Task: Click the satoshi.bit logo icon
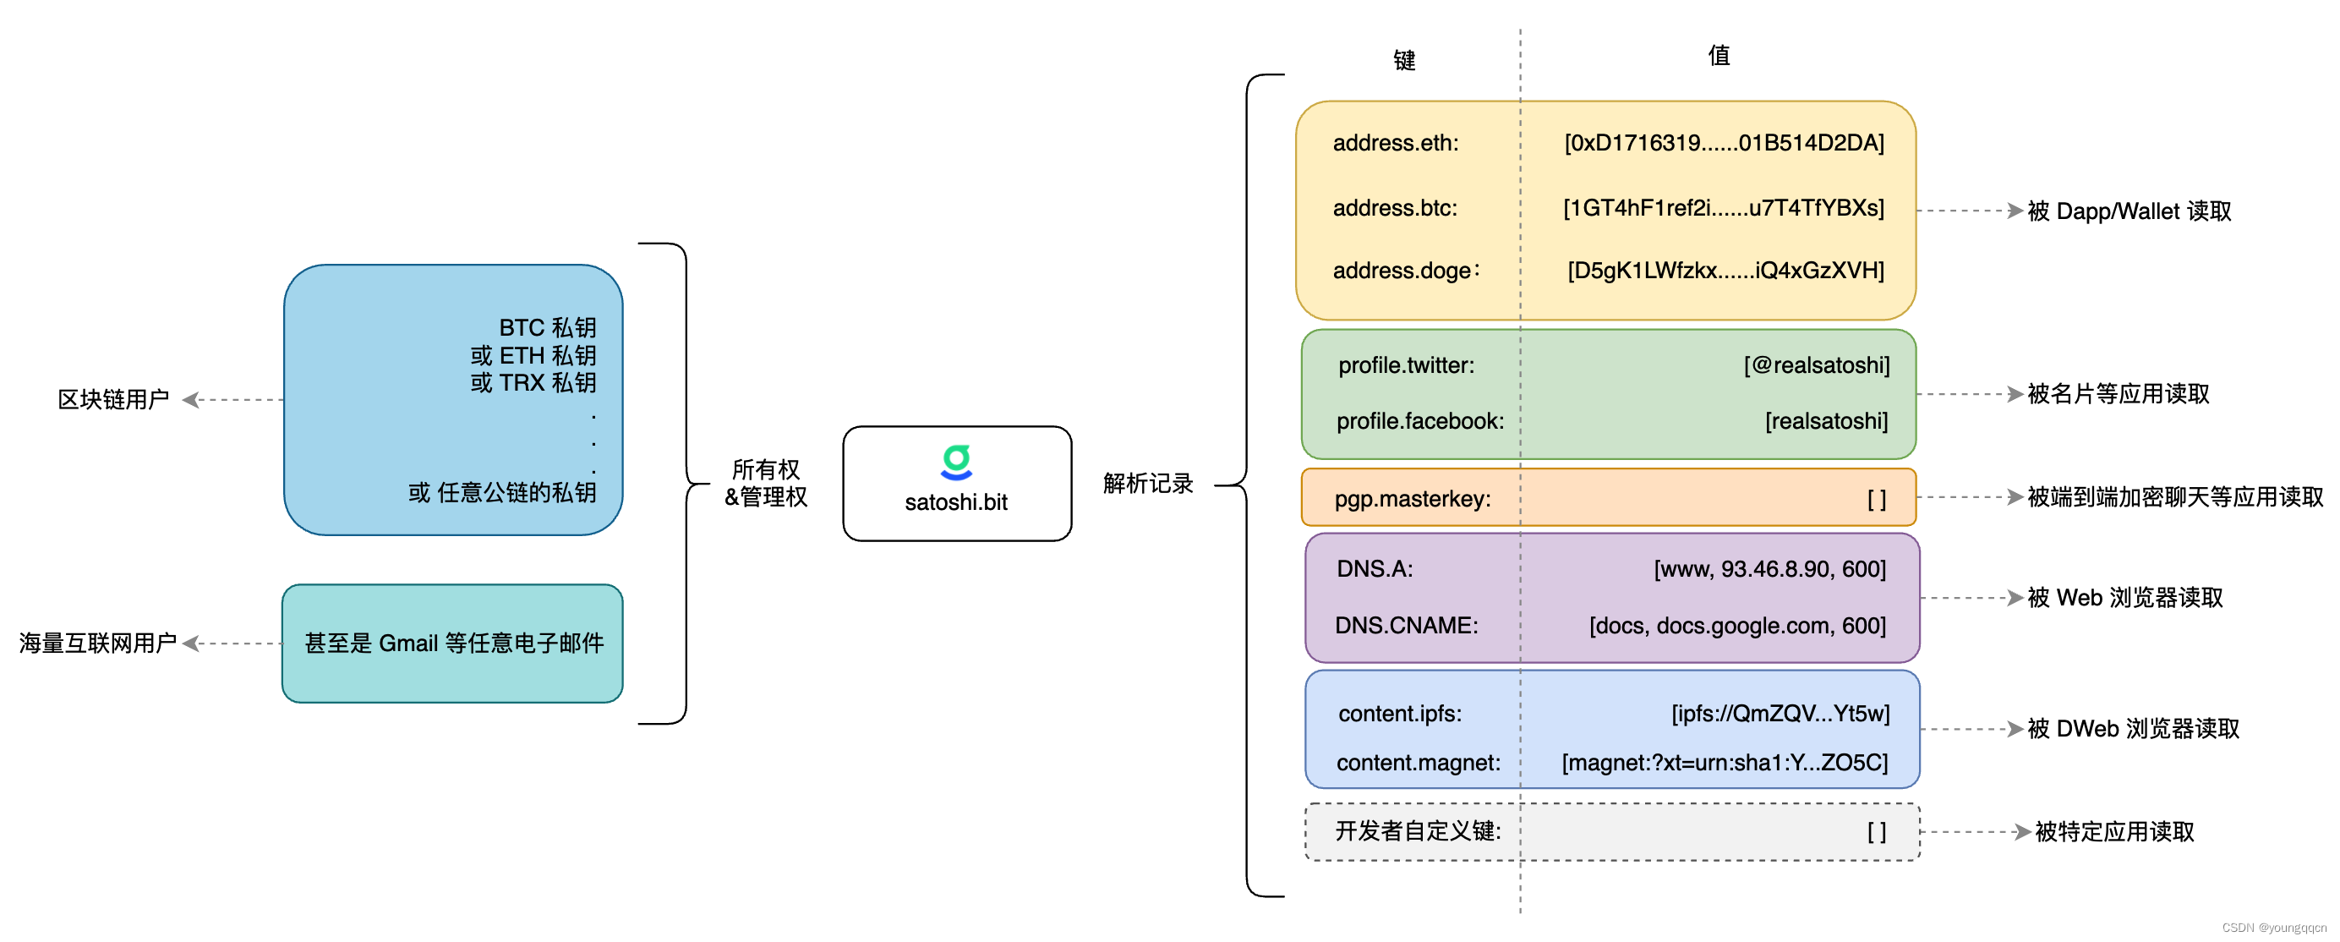coord(955,462)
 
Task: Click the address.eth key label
coord(1395,143)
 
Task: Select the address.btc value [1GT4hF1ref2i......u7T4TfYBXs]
coord(1723,208)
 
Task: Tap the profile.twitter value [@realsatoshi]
coord(1816,365)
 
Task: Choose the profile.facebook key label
coord(1419,421)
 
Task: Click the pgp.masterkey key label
coord(1413,499)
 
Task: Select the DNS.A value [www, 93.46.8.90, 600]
coord(1769,568)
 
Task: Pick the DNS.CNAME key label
coord(1406,625)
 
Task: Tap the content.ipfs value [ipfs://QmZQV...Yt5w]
coord(1780,713)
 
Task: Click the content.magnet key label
coord(1418,762)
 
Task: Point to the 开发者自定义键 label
coord(1417,831)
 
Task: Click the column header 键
coord(1404,61)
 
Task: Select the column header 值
coord(1719,57)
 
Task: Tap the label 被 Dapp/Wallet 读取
coord(2129,211)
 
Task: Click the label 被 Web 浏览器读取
coord(2124,598)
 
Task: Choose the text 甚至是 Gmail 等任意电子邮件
coord(454,644)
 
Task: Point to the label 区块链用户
coord(113,400)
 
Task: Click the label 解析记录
coord(1147,484)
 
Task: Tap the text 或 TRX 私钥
coord(533,382)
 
